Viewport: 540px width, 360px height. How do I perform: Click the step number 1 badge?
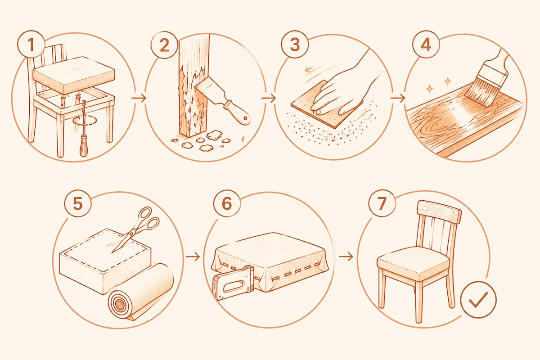pos(31,45)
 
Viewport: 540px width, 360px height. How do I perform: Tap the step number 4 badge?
pos(426,45)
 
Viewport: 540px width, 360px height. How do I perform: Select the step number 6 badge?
pos(227,203)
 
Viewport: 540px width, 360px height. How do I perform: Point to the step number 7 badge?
pos(382,203)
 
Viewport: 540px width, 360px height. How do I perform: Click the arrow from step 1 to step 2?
pos(139,98)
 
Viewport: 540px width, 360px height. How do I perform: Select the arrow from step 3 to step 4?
pos(398,98)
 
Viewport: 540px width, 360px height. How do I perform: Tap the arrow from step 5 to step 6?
pos(193,257)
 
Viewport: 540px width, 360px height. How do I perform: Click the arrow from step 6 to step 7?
pos(346,257)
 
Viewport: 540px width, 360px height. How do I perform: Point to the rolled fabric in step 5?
pos(141,293)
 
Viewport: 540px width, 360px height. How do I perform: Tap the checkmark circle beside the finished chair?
pos(478,299)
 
